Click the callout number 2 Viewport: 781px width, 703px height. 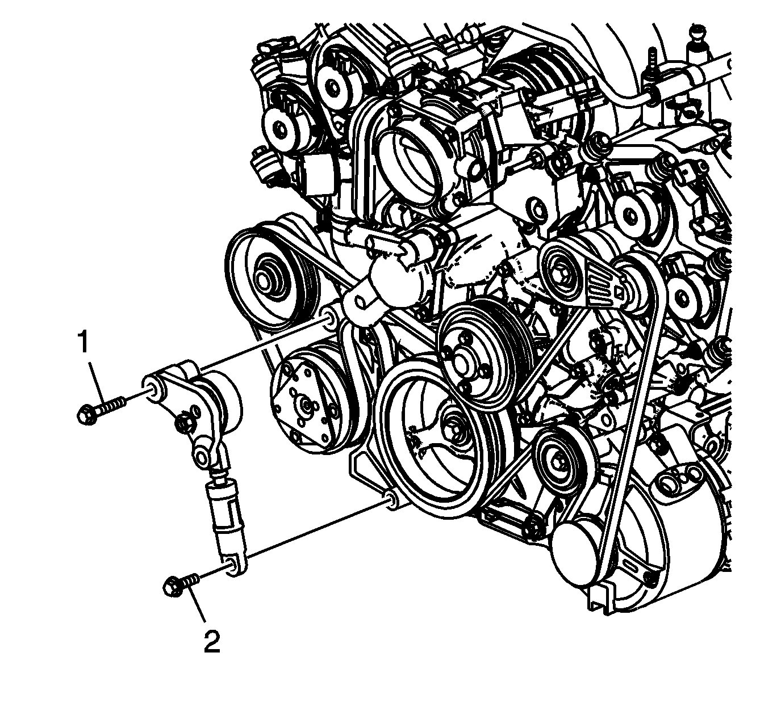[x=212, y=641]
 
